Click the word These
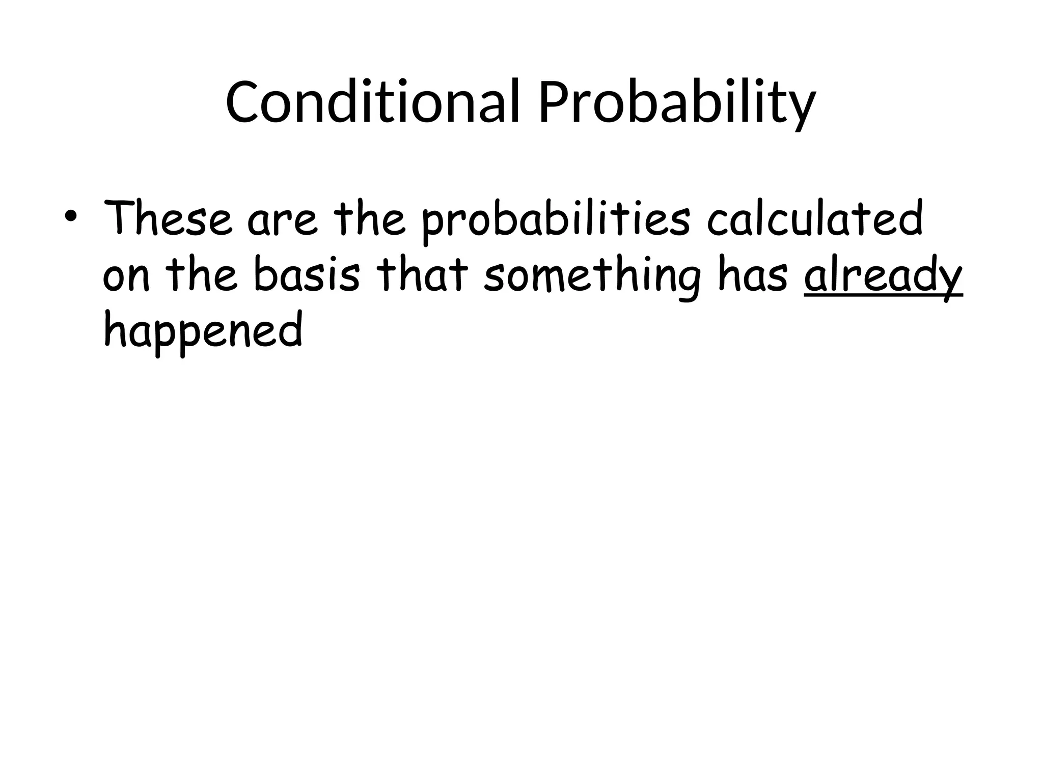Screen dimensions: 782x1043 [168, 219]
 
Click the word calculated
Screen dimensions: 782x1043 [815, 219]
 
